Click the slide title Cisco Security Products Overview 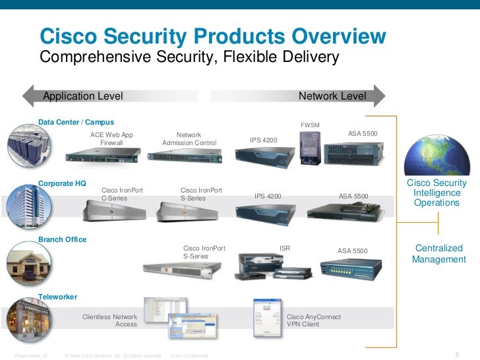pos(214,36)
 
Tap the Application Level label pos(83,96)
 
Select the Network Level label pos(332,96)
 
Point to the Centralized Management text pos(438,254)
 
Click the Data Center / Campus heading pos(76,122)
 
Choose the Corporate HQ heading pos(62,183)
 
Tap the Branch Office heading pos(62,239)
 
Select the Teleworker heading pos(58,297)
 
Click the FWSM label pos(309,125)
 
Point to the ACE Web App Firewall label pos(111,138)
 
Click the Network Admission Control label pos(189,138)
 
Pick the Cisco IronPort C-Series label pos(122,194)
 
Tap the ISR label pos(285,249)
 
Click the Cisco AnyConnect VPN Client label pos(314,320)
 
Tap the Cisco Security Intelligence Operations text pos(436,193)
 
